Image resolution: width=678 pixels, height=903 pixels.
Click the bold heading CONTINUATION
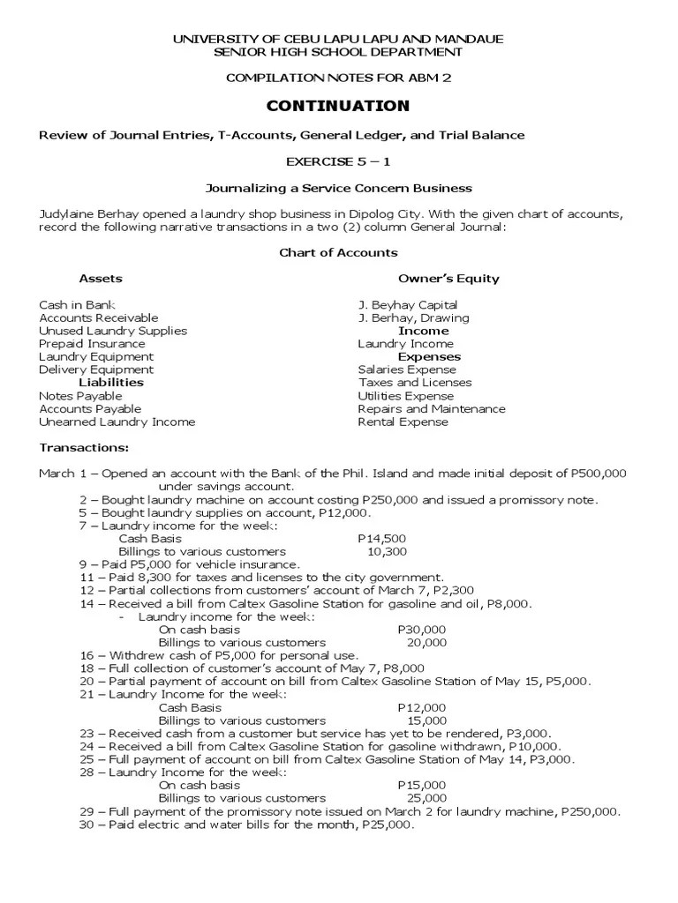[338, 107]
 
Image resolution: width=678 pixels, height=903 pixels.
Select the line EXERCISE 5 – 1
[338, 162]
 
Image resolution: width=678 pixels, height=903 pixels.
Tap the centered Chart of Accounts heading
[338, 252]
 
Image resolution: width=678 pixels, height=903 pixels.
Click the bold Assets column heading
[101, 279]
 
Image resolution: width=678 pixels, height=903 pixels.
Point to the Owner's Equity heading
[448, 279]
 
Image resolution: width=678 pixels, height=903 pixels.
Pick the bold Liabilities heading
[111, 383]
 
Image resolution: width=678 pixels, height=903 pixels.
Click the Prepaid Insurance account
[92, 344]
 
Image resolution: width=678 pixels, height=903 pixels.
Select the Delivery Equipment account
[95, 369]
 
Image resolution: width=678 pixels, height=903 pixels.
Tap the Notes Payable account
[80, 396]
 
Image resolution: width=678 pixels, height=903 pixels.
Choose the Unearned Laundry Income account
[117, 422]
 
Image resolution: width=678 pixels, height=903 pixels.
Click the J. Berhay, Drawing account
[413, 317]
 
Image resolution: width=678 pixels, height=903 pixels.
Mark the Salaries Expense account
[407, 369]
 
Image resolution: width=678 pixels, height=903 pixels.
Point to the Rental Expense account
[403, 422]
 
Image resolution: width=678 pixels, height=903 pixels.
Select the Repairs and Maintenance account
[432, 409]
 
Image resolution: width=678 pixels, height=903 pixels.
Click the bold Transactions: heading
[84, 447]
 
